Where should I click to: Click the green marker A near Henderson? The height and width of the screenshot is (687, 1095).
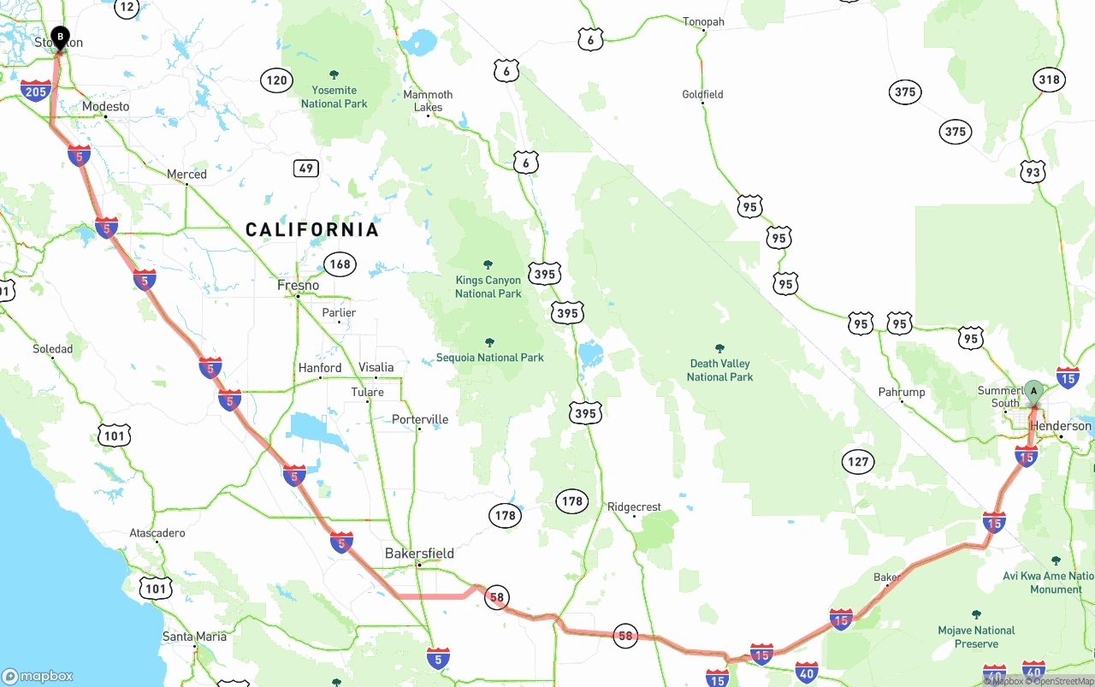tap(1033, 392)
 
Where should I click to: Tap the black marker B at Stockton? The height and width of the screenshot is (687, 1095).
tap(60, 37)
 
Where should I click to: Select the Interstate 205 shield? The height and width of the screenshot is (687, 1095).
tap(36, 90)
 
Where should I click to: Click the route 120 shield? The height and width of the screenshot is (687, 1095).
tap(276, 81)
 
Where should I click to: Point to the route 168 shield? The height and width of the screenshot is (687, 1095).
tap(340, 264)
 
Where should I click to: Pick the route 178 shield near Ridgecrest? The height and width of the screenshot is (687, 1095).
tap(571, 501)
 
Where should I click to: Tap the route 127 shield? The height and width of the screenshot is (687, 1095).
tap(857, 462)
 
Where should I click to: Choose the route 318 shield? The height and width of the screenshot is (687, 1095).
tap(1049, 80)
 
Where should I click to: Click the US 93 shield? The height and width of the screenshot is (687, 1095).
tap(1033, 172)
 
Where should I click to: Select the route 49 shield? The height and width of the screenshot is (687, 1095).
tap(306, 168)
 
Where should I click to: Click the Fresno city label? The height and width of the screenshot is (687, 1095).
tap(299, 285)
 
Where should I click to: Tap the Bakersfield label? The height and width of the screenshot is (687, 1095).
tap(418, 554)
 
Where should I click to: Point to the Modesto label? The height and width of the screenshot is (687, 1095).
tap(106, 107)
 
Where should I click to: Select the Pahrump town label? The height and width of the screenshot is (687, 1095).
tap(902, 392)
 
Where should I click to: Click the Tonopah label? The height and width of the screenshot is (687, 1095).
tap(703, 21)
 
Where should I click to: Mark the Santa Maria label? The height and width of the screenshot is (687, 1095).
tap(195, 637)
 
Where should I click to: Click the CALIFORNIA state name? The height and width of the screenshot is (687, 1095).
tap(312, 229)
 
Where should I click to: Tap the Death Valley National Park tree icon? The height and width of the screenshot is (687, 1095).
tap(719, 348)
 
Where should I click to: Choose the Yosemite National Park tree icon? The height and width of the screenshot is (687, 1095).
tap(334, 74)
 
